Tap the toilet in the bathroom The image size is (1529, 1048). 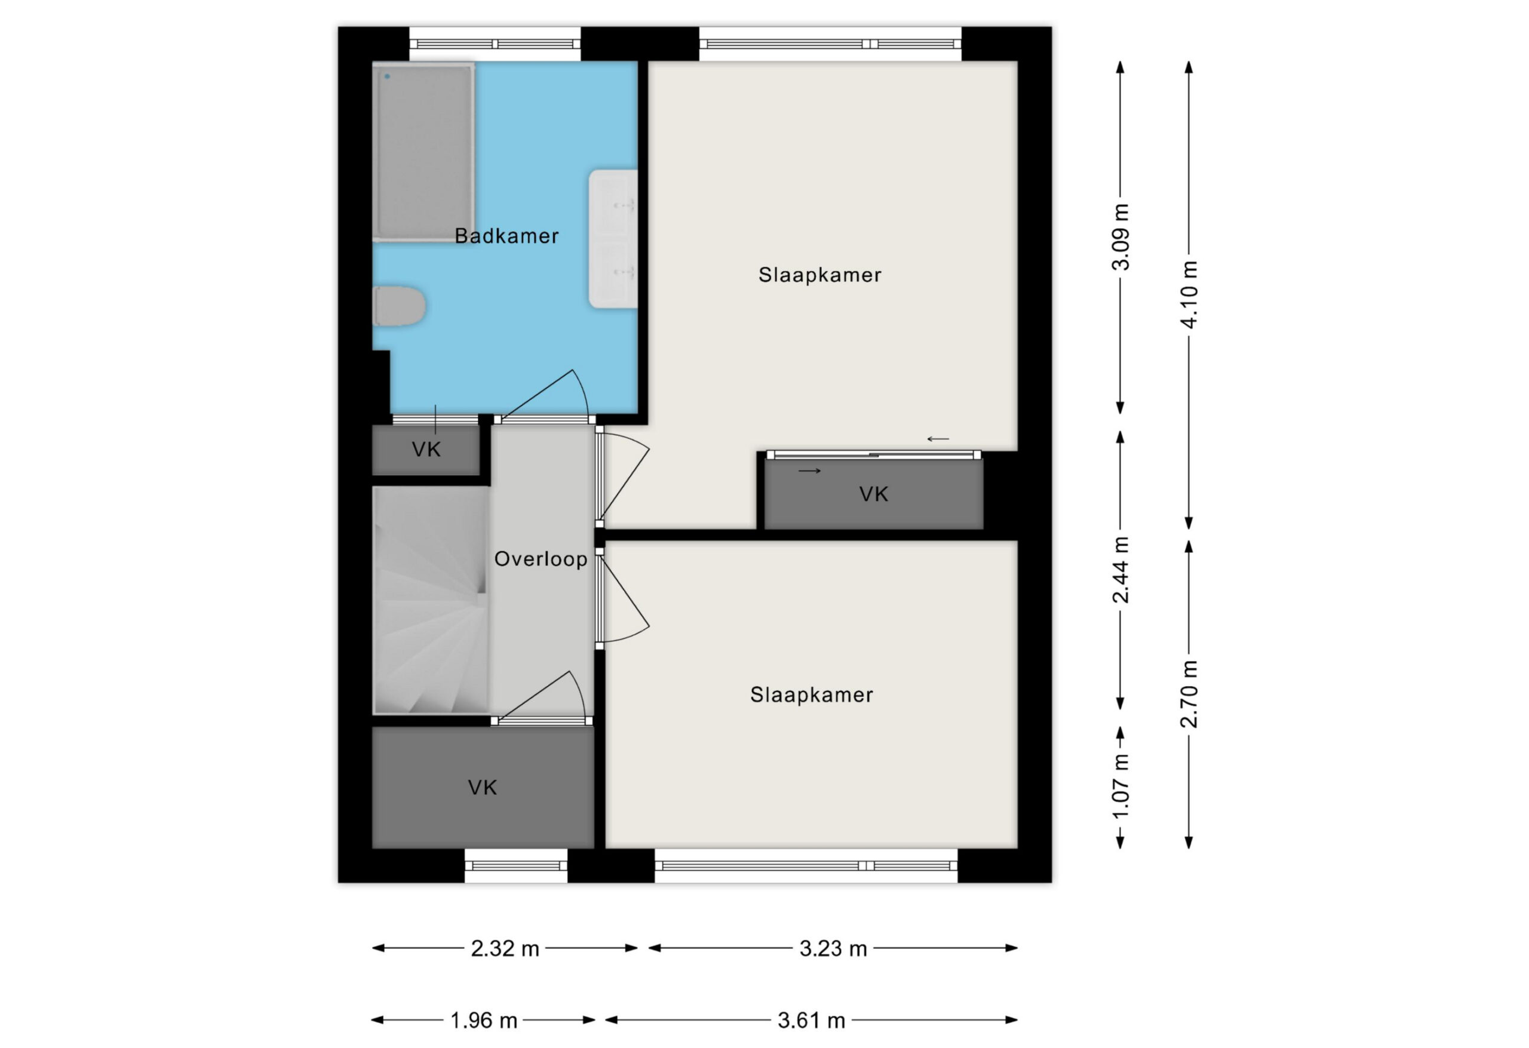(400, 306)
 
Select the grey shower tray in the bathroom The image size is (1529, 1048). (423, 152)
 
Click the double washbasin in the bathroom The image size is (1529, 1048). (613, 239)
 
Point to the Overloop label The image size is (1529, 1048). (541, 558)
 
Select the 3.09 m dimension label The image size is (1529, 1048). (1120, 237)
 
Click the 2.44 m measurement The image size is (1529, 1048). (1120, 570)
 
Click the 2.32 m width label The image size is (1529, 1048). (505, 949)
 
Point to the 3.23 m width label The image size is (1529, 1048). (833, 949)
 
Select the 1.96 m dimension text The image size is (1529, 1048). (484, 1021)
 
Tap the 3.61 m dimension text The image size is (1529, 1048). (811, 1021)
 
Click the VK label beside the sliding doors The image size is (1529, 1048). (874, 494)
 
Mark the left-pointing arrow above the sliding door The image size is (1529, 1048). (938, 439)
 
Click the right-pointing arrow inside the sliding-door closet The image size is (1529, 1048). (810, 471)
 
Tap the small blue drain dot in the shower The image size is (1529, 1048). (388, 77)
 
